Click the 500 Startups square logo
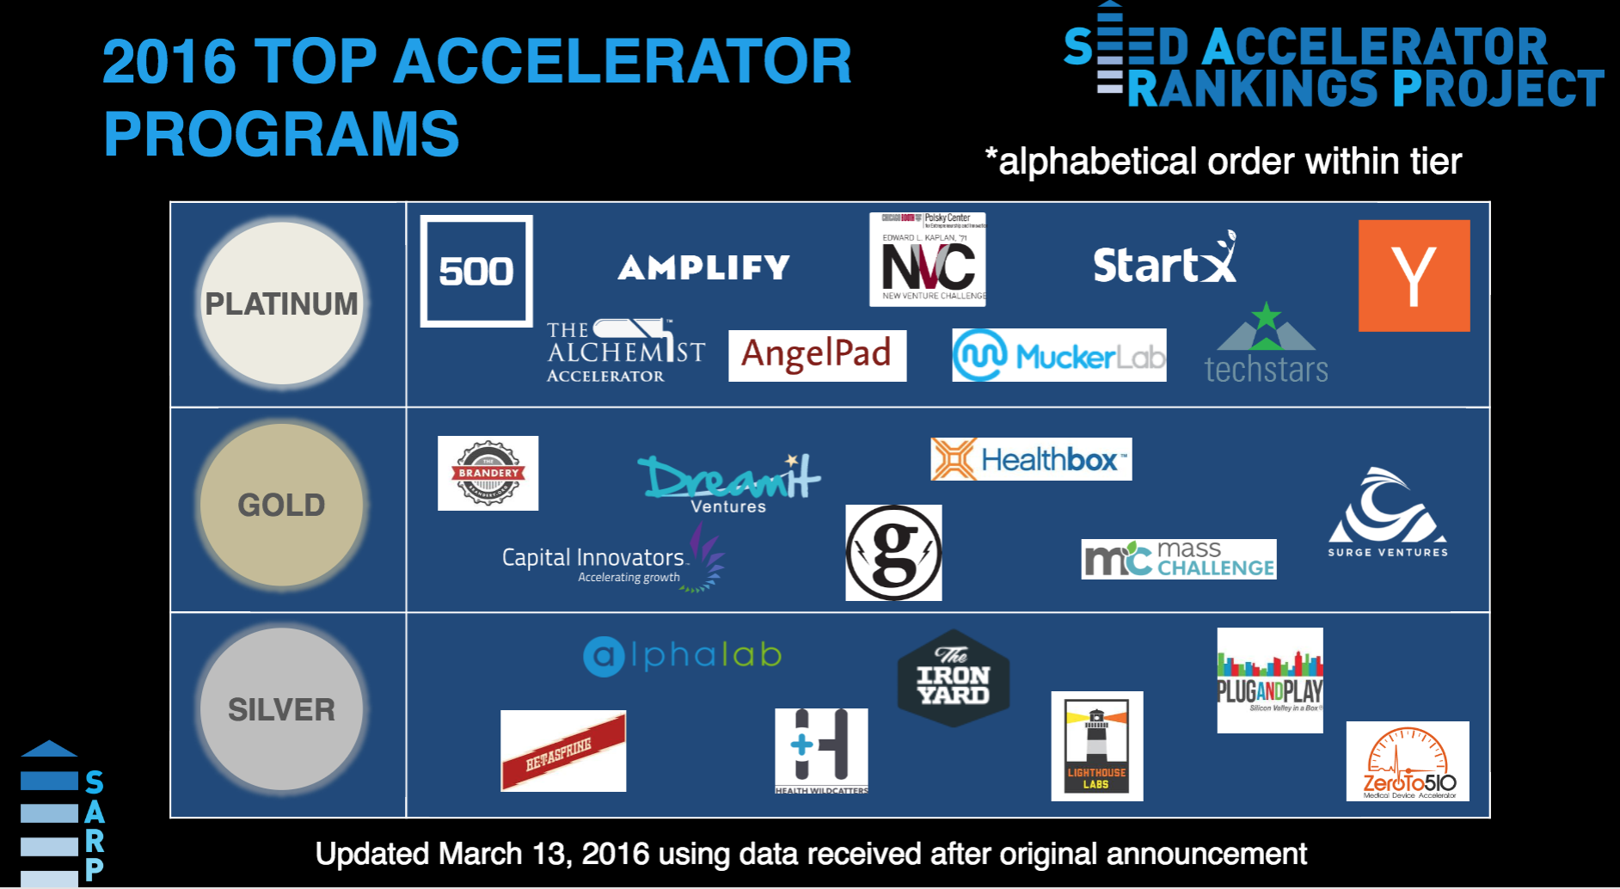click(x=476, y=271)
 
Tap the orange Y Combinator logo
click(x=1414, y=275)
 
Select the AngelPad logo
click(x=817, y=355)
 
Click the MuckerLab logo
click(x=1059, y=355)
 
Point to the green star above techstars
click(x=1266, y=316)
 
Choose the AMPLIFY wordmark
click(x=703, y=267)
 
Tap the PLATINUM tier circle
click(x=281, y=303)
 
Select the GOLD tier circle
click(x=281, y=505)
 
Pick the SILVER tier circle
click(x=281, y=709)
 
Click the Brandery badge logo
click(x=488, y=473)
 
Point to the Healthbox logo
click(x=1031, y=459)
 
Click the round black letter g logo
click(x=893, y=553)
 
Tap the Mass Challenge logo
click(x=1178, y=559)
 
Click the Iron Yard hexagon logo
click(x=953, y=678)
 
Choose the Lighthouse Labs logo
click(x=1096, y=745)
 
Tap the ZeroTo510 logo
click(x=1408, y=761)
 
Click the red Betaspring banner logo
click(x=563, y=751)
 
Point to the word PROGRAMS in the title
click(x=281, y=134)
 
